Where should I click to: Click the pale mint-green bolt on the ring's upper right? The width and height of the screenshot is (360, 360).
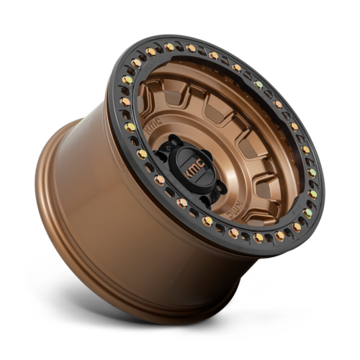click(x=258, y=84)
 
